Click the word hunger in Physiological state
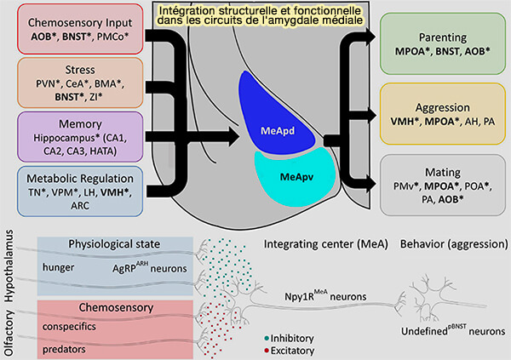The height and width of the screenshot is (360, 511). pyautogui.click(x=59, y=268)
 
